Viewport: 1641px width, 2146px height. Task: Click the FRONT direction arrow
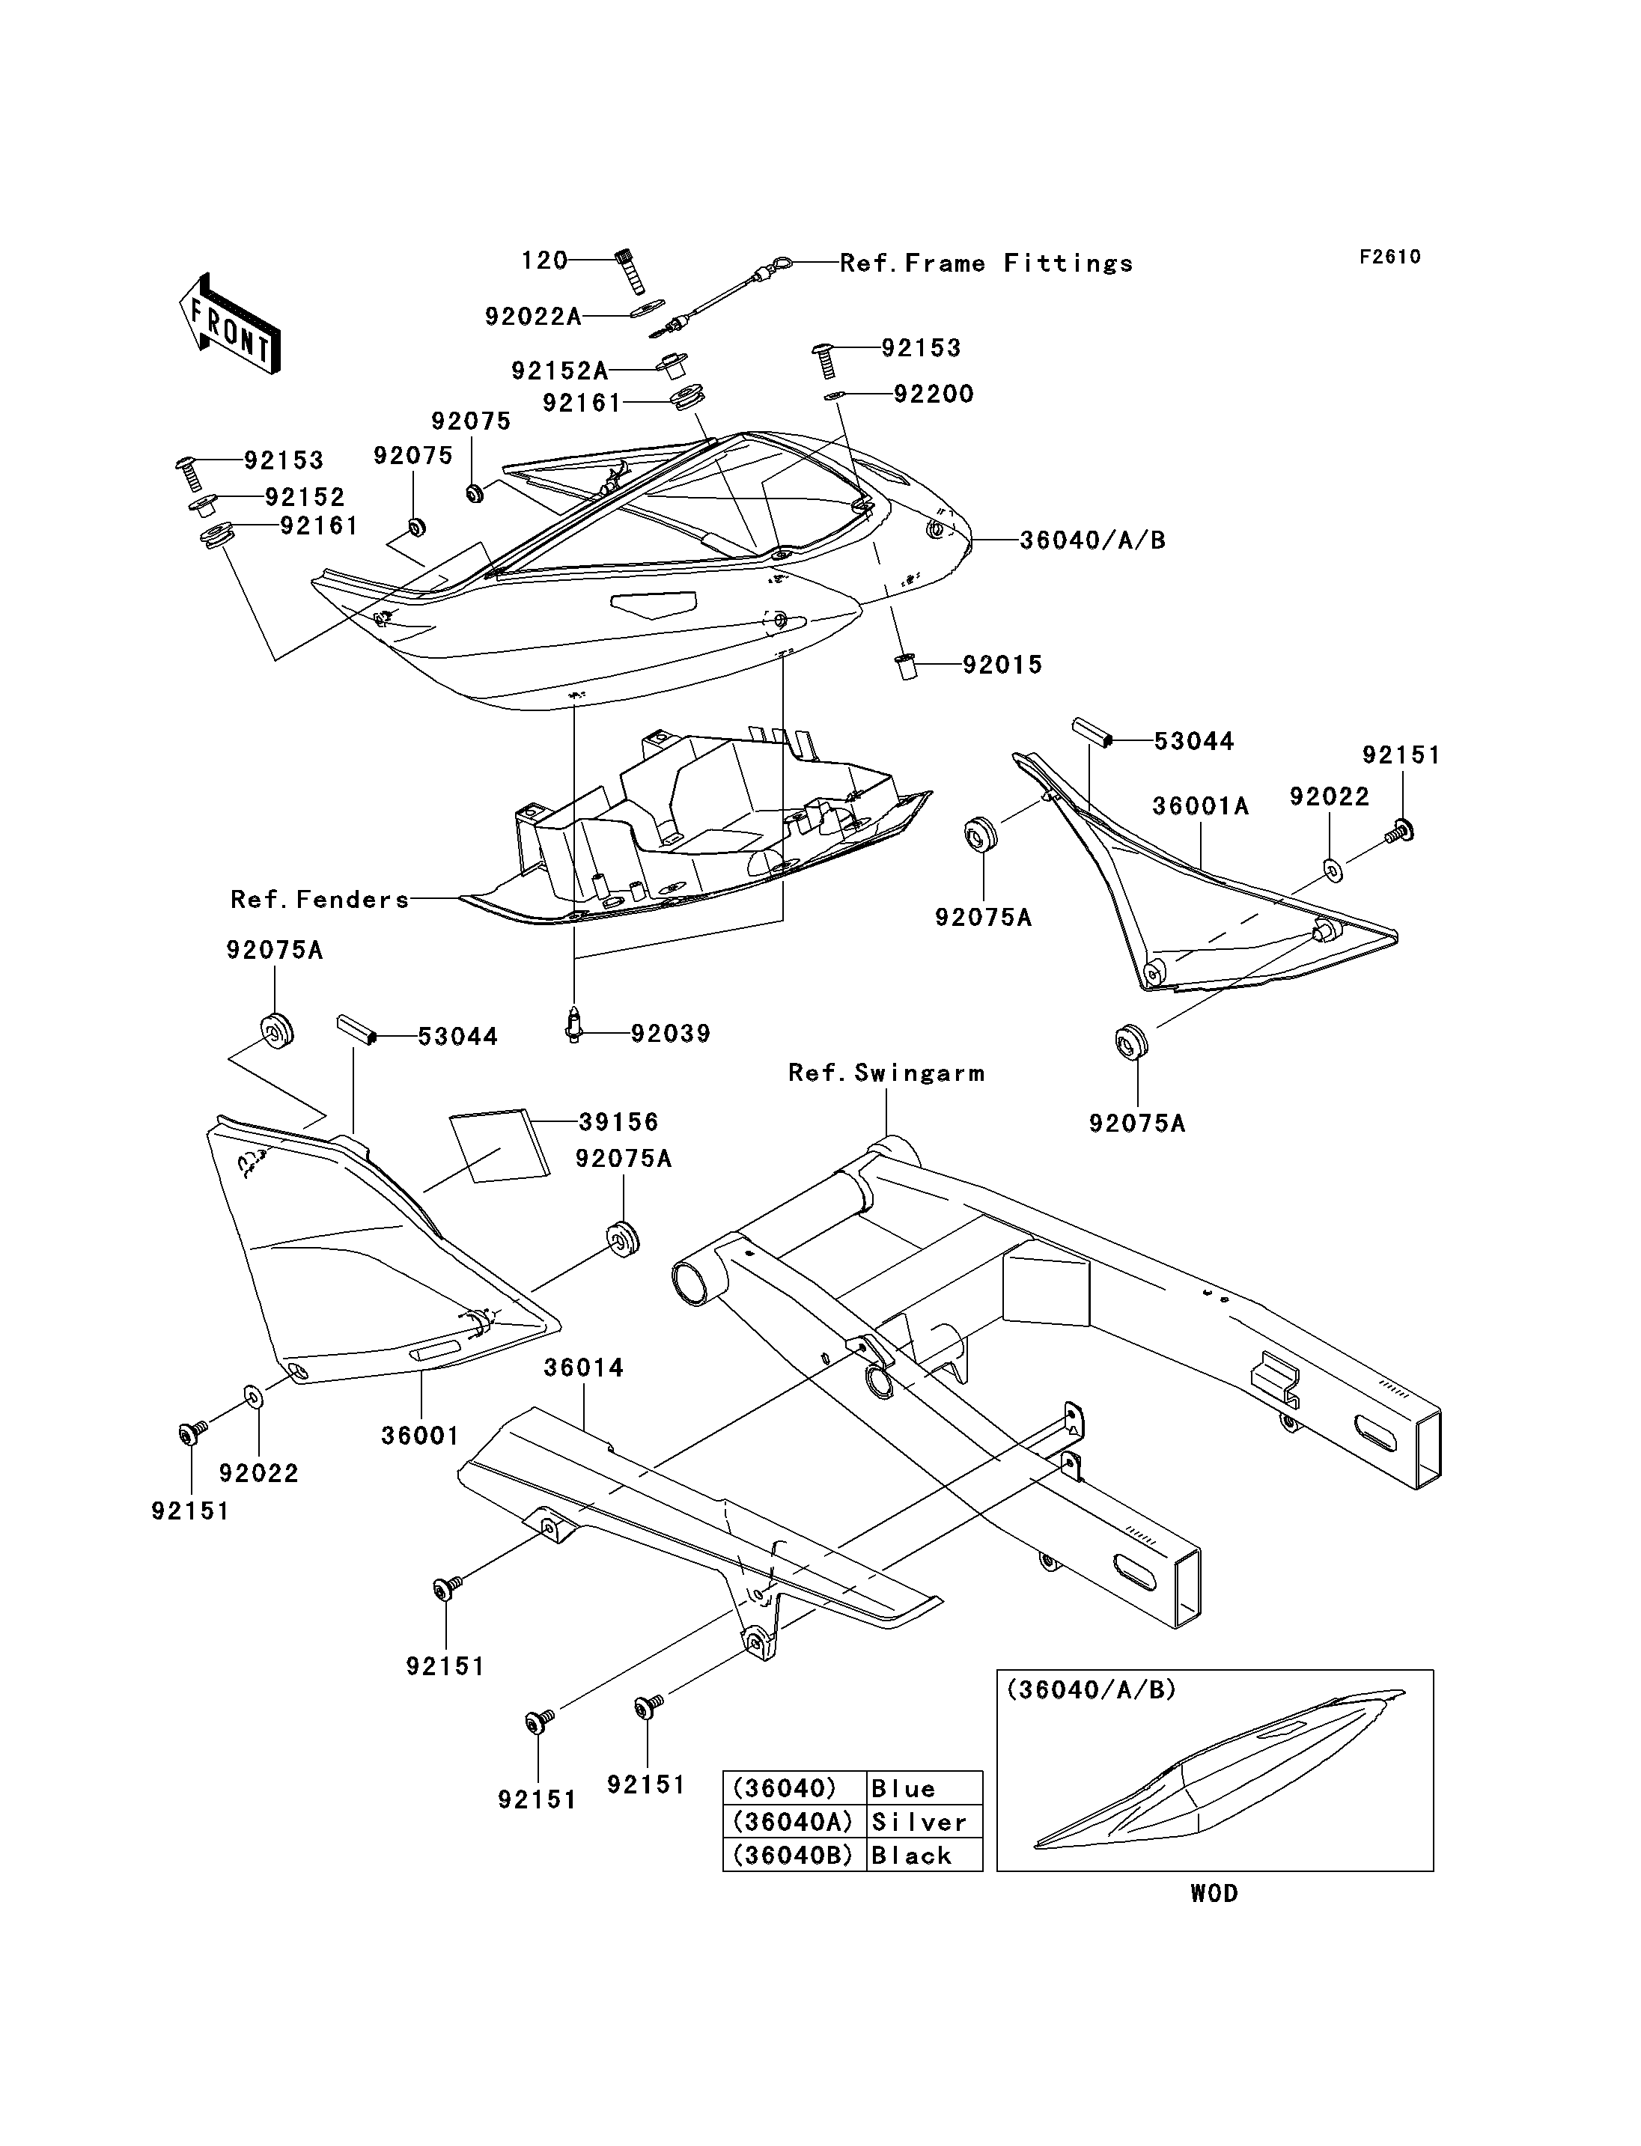[x=230, y=323]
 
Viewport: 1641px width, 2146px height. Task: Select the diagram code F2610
[x=1390, y=257]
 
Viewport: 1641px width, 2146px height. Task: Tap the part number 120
[x=545, y=260]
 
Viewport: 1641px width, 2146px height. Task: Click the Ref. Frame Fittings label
[x=987, y=263]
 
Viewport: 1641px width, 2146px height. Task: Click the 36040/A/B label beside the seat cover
[x=1093, y=540]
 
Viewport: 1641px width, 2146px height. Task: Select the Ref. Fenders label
[x=320, y=900]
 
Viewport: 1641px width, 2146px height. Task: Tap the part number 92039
[x=670, y=1034]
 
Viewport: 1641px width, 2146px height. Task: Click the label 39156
[x=618, y=1121]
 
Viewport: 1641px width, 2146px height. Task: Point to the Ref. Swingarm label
[x=886, y=1073]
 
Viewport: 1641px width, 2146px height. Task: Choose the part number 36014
[x=583, y=1368]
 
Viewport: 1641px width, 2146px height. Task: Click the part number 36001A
[x=1201, y=806]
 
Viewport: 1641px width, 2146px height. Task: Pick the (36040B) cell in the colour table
[x=795, y=1855]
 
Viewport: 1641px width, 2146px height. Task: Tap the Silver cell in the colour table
[x=924, y=1822]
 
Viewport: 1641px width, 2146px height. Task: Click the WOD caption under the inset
[x=1214, y=1893]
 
